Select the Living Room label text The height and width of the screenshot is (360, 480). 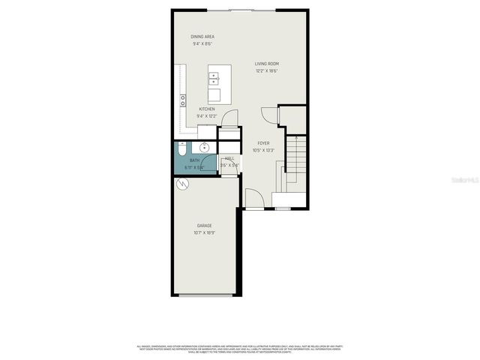pyautogui.click(x=266, y=64)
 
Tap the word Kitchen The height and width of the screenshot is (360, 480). pyautogui.click(x=206, y=109)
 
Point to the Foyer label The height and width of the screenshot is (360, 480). pyautogui.click(x=263, y=142)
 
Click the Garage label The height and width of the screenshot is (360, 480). pyautogui.click(x=204, y=226)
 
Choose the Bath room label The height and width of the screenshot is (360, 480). pyautogui.click(x=194, y=160)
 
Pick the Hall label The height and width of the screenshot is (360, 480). pyautogui.click(x=229, y=158)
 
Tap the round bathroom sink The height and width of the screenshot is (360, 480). pyautogui.click(x=203, y=148)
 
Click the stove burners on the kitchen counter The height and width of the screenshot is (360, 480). pyautogui.click(x=182, y=98)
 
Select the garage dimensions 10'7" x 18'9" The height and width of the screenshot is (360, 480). pyautogui.click(x=205, y=233)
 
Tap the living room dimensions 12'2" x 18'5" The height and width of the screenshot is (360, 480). pyautogui.click(x=266, y=72)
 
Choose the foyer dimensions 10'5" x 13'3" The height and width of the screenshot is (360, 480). pyautogui.click(x=263, y=150)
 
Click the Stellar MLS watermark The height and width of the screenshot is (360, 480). pyautogui.click(x=463, y=181)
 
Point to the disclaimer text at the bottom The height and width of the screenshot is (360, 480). pyautogui.click(x=240, y=349)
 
